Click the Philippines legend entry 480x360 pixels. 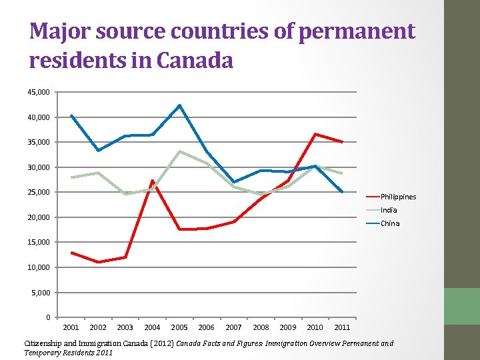pyautogui.click(x=398, y=197)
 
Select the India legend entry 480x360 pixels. pyautogui.click(x=389, y=210)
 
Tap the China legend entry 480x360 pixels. pyautogui.click(x=390, y=223)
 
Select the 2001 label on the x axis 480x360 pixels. pyautogui.click(x=71, y=327)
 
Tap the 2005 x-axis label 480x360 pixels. pyautogui.click(x=179, y=327)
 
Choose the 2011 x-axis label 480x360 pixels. pyautogui.click(x=342, y=327)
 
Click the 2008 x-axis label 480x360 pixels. pyautogui.click(x=261, y=327)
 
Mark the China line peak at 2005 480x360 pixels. pyautogui.click(x=179, y=105)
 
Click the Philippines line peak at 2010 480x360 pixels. pyautogui.click(x=315, y=134)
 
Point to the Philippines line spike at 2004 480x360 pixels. pyautogui.click(x=152, y=181)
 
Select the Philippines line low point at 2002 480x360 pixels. pyautogui.click(x=98, y=262)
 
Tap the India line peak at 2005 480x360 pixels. pyautogui.click(x=179, y=151)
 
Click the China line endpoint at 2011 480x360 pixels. pyautogui.click(x=342, y=192)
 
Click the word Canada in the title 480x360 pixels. pyautogui.click(x=195, y=61)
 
